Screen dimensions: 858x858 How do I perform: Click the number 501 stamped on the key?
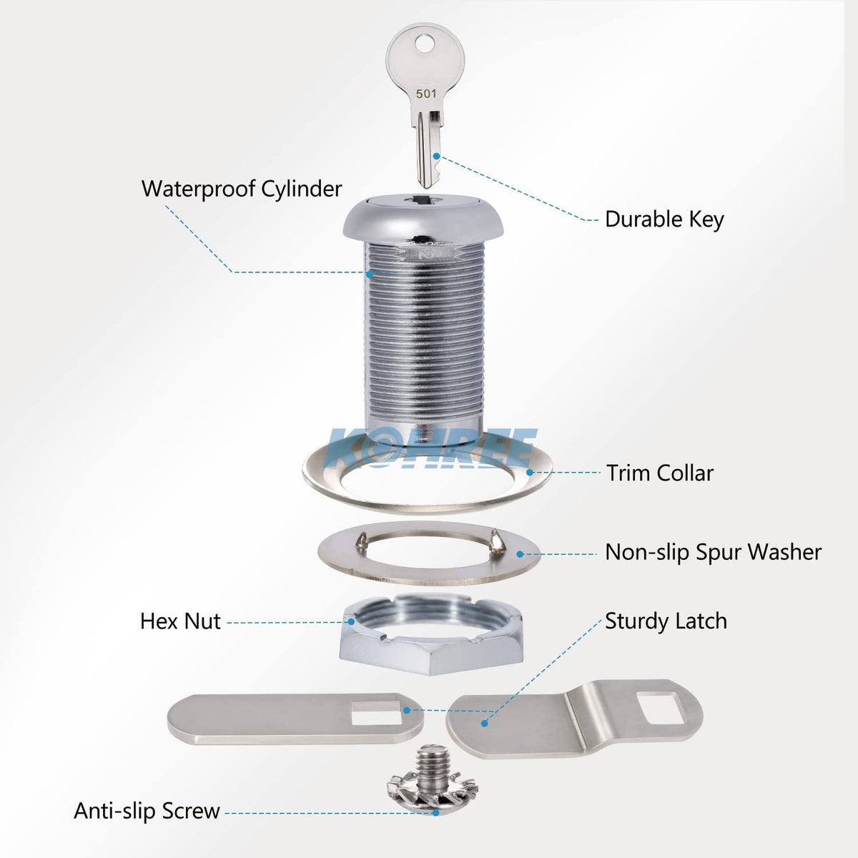(x=425, y=93)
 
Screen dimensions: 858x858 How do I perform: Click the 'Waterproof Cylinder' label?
(x=242, y=189)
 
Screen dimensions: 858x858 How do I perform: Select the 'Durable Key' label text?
(x=664, y=219)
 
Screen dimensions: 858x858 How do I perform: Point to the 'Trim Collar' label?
(x=660, y=473)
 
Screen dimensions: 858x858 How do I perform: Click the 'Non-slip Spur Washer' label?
(x=713, y=552)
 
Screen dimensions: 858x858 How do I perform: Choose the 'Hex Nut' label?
(x=180, y=621)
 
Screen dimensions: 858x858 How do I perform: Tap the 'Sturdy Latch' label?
(x=666, y=621)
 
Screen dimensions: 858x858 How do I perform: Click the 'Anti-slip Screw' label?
(x=147, y=811)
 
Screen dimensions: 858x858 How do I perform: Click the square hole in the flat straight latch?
(x=378, y=713)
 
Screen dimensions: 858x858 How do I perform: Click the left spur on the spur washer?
(x=365, y=540)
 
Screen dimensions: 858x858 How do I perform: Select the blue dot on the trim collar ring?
(x=530, y=472)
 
